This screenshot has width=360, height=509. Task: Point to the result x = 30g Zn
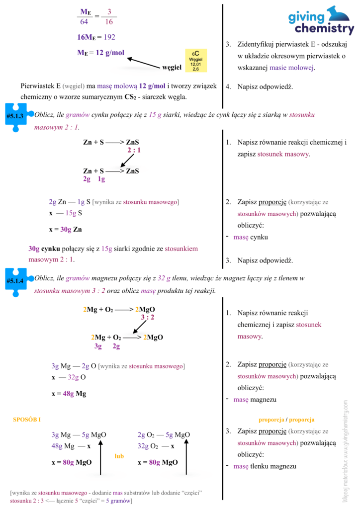pyautogui.click(x=66, y=230)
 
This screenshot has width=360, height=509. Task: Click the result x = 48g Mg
pyautogui.click(x=69, y=394)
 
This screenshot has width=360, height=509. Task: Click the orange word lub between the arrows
pyautogui.click(x=119, y=456)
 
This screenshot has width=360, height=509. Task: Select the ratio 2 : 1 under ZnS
pyautogui.click(x=134, y=150)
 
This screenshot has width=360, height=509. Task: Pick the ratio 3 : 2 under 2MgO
pyautogui.click(x=147, y=317)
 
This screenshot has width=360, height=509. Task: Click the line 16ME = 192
pyautogui.click(x=96, y=37)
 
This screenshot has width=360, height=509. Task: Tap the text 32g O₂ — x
pyautogui.click(x=156, y=446)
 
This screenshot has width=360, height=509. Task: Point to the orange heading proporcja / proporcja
pyautogui.click(x=286, y=420)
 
